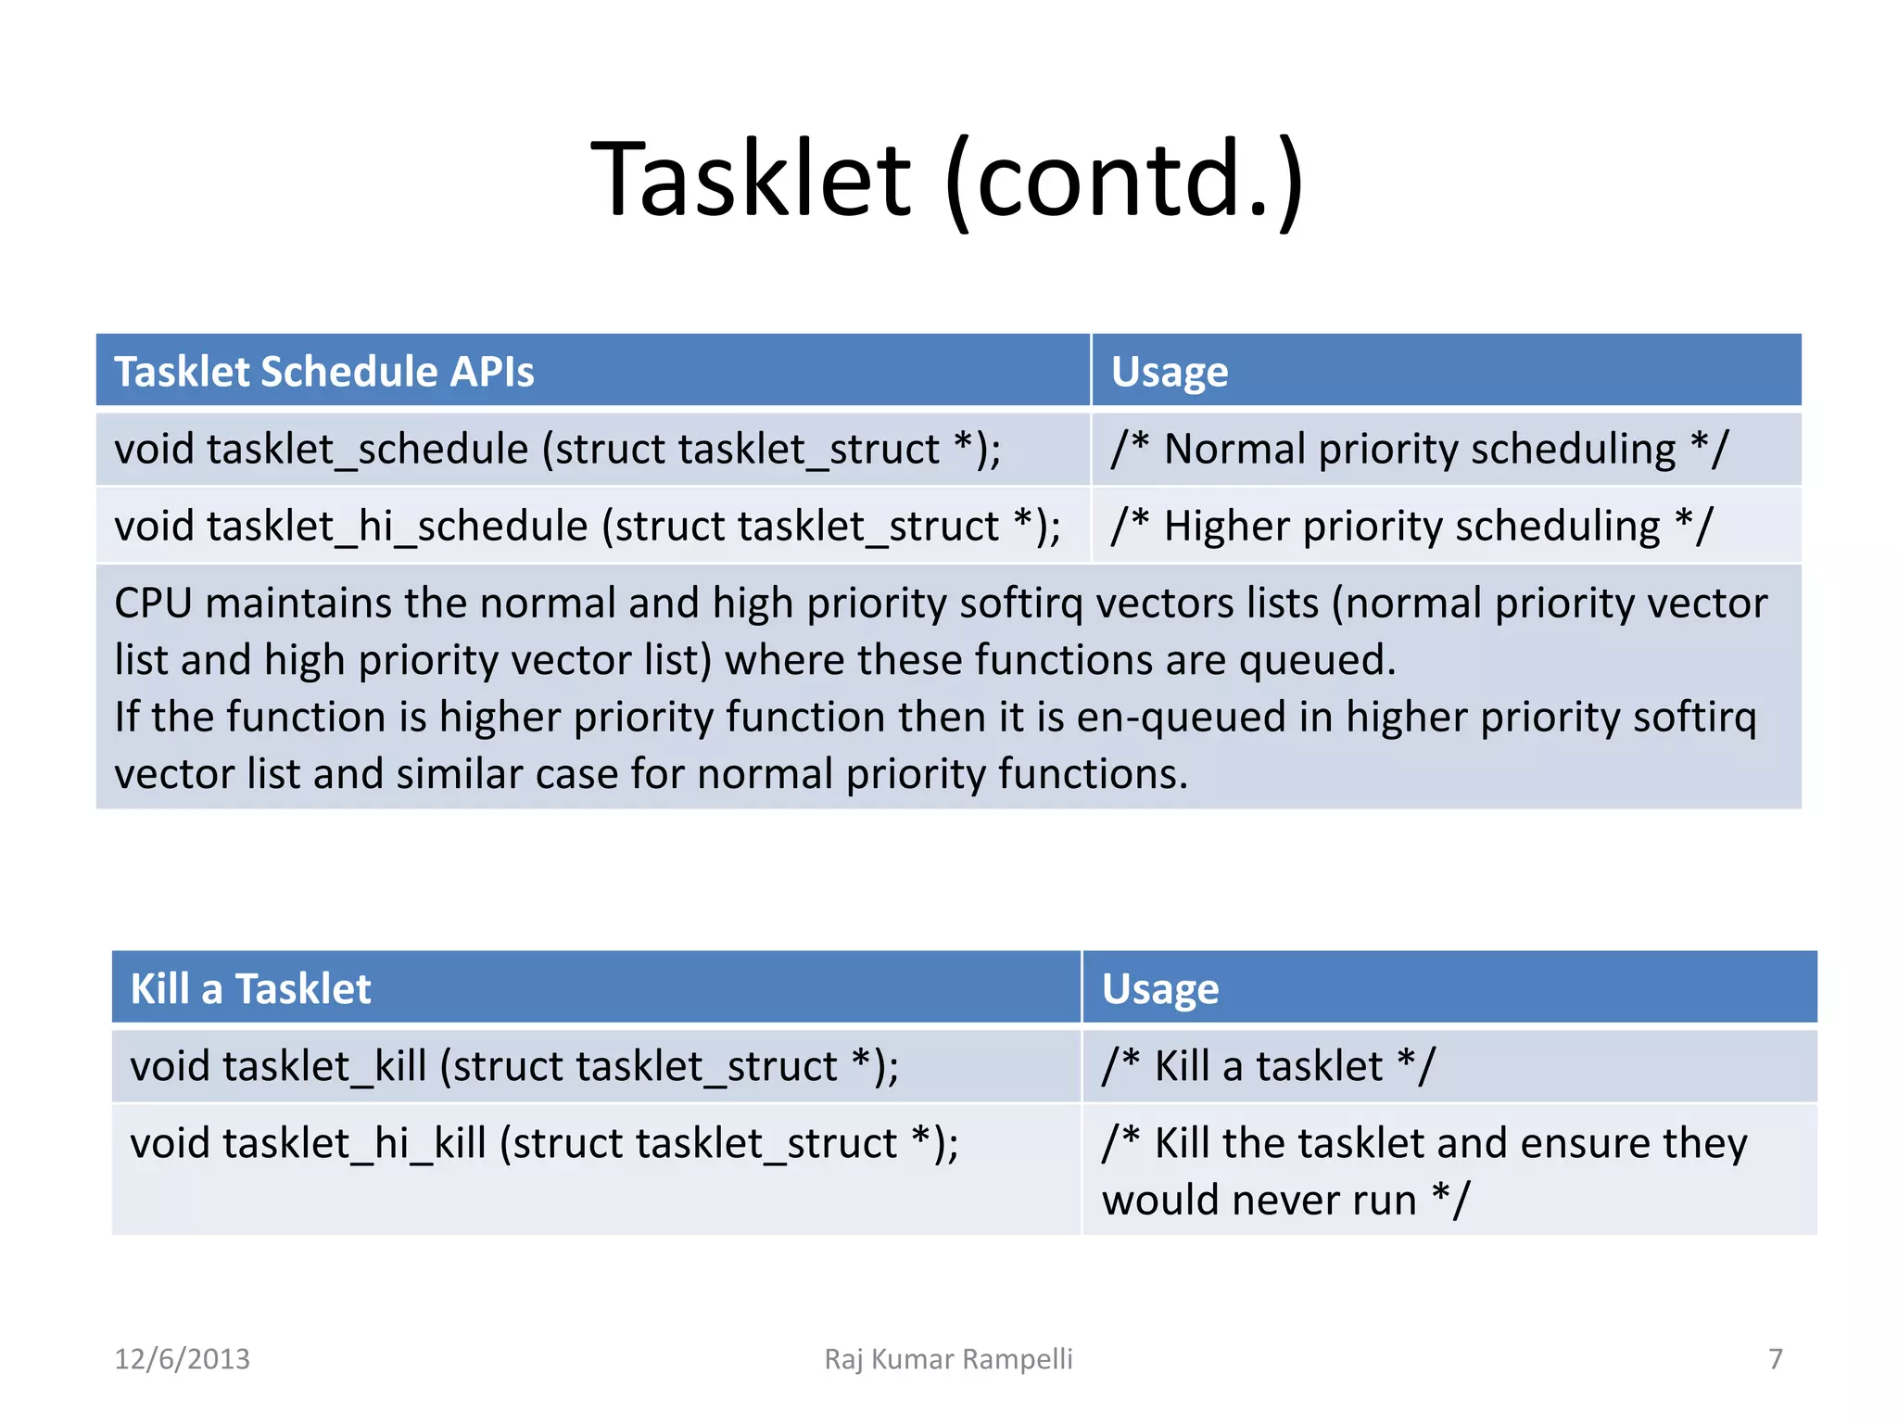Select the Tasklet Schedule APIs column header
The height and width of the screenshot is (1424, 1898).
323,372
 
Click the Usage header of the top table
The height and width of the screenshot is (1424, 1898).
1169,372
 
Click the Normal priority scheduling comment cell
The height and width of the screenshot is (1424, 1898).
1419,450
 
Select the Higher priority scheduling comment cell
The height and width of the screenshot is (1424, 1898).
1411,527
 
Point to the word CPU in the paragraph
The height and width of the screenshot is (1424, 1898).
153,604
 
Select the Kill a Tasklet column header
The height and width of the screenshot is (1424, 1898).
250,989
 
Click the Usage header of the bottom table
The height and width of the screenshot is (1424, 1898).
1159,989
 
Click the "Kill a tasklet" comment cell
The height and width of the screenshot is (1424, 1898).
1268,1066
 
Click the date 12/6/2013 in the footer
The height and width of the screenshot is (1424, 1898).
182,1359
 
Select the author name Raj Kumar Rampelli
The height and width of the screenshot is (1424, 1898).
948,1359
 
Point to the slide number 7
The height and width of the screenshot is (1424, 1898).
1775,1359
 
